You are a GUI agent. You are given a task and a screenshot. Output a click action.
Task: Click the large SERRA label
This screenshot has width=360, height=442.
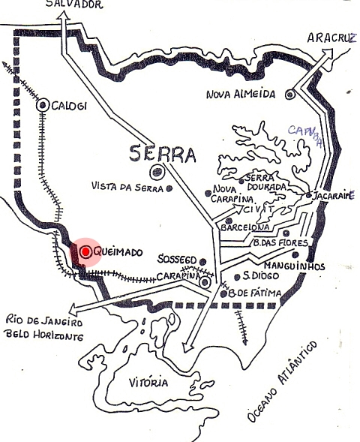point(163,155)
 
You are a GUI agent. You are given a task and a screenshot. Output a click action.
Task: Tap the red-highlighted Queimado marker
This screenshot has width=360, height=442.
point(86,252)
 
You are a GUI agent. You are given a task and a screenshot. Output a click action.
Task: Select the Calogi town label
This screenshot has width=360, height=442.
point(69,107)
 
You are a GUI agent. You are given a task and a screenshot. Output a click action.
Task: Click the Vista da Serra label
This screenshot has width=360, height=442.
point(127,186)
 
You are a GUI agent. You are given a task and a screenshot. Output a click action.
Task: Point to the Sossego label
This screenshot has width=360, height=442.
point(178,259)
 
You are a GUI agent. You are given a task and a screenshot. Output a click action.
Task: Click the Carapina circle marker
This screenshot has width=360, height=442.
point(205,282)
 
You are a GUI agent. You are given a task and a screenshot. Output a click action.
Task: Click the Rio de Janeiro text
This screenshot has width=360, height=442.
point(43,320)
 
